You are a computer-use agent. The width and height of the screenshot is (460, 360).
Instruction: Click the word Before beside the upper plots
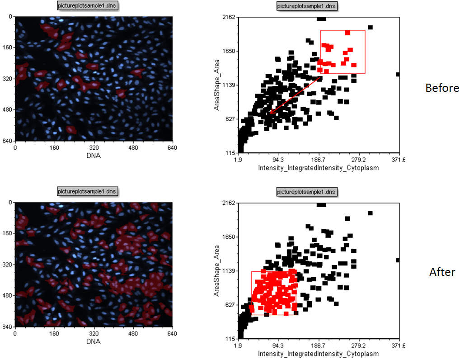point(442,88)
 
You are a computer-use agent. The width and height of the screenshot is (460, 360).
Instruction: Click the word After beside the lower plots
point(442,272)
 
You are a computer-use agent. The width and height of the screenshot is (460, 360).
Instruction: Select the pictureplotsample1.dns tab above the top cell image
point(87,6)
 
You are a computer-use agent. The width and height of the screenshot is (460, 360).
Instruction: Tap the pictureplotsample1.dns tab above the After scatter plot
point(307,191)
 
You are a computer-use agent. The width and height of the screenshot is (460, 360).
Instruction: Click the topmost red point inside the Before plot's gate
point(347,33)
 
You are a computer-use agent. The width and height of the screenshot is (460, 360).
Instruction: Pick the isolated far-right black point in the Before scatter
point(398,74)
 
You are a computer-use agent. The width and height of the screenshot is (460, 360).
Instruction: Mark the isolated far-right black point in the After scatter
point(398,260)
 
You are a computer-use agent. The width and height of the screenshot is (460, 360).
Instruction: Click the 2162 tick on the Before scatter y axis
point(229,17)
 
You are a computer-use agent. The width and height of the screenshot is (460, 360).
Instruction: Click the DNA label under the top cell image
point(94,156)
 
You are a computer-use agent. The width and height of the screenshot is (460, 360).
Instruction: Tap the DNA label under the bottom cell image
point(94,341)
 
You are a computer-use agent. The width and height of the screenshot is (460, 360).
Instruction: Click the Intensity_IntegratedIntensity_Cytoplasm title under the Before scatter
point(318,168)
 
